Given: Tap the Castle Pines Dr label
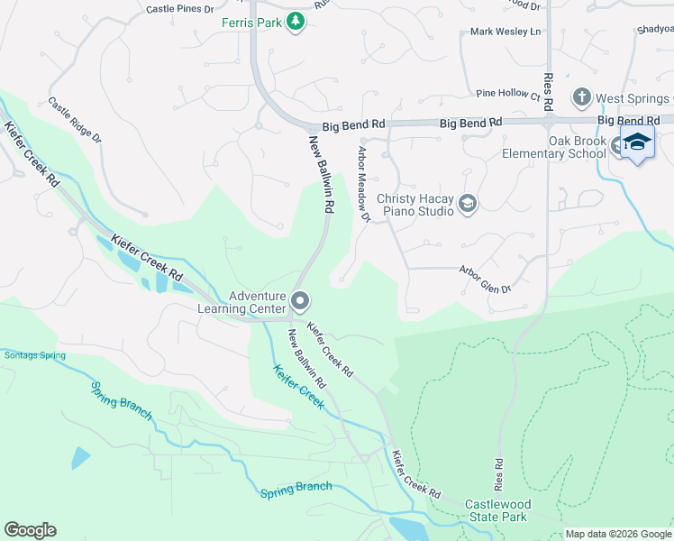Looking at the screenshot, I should tap(180, 9).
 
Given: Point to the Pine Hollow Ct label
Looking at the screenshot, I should tap(507, 94).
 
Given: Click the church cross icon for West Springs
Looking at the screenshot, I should tap(582, 96).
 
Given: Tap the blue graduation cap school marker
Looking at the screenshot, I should tap(637, 142).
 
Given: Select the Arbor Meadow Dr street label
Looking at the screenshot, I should tap(364, 184).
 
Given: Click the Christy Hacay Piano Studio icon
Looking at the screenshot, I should tap(467, 205).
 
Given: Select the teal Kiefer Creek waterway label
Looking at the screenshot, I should tap(298, 387).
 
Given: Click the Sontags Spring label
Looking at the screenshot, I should tap(34, 355).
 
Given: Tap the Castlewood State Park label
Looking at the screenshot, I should tap(495, 510).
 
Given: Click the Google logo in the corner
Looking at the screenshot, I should tap(30, 530).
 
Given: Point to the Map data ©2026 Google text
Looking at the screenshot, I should tap(617, 534).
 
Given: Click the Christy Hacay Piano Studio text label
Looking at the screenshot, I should tap(415, 205).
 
